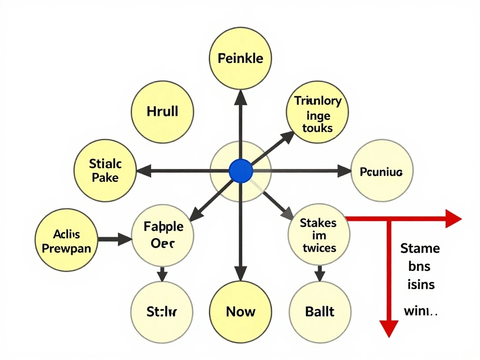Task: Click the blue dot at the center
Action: pos(241,171)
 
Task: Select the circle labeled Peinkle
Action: pos(240,59)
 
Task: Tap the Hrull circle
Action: pos(162,112)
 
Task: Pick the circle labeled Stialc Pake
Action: pos(105,171)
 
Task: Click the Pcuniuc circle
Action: pos(381,172)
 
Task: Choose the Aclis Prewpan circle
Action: pos(66,241)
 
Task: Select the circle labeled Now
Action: pos(240,311)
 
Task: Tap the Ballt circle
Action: pos(320,311)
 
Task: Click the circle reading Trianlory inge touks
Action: pos(317,113)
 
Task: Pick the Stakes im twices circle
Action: pos(319,235)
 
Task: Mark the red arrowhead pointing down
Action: pos(388,328)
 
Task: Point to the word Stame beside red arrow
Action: pos(420,248)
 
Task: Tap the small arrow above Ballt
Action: pos(320,273)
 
